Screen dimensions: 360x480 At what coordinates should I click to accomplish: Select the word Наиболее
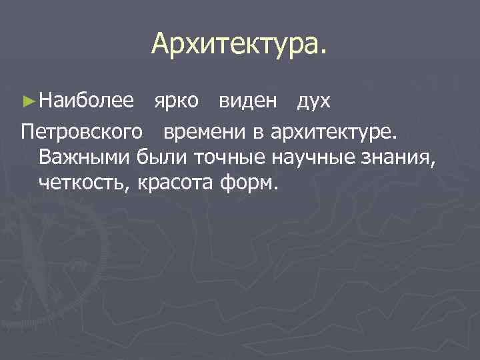[87, 101]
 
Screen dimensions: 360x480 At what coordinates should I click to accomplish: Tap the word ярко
[175, 101]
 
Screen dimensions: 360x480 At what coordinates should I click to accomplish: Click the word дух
[313, 101]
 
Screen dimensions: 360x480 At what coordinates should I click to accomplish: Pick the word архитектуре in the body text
[333, 133]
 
